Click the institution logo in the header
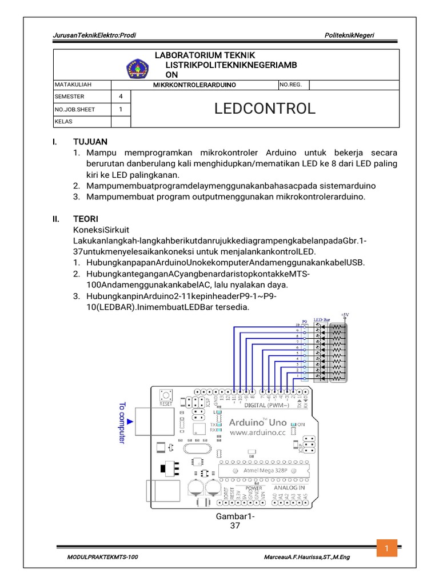click(137, 70)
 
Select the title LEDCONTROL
click(265, 109)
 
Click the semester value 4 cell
click(120, 97)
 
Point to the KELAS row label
click(63, 121)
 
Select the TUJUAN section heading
click(89, 141)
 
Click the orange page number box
click(386, 549)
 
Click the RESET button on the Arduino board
click(166, 395)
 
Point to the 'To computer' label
click(122, 423)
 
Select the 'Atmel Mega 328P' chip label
click(259, 470)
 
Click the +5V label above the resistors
click(345, 314)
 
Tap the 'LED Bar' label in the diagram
click(321, 320)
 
